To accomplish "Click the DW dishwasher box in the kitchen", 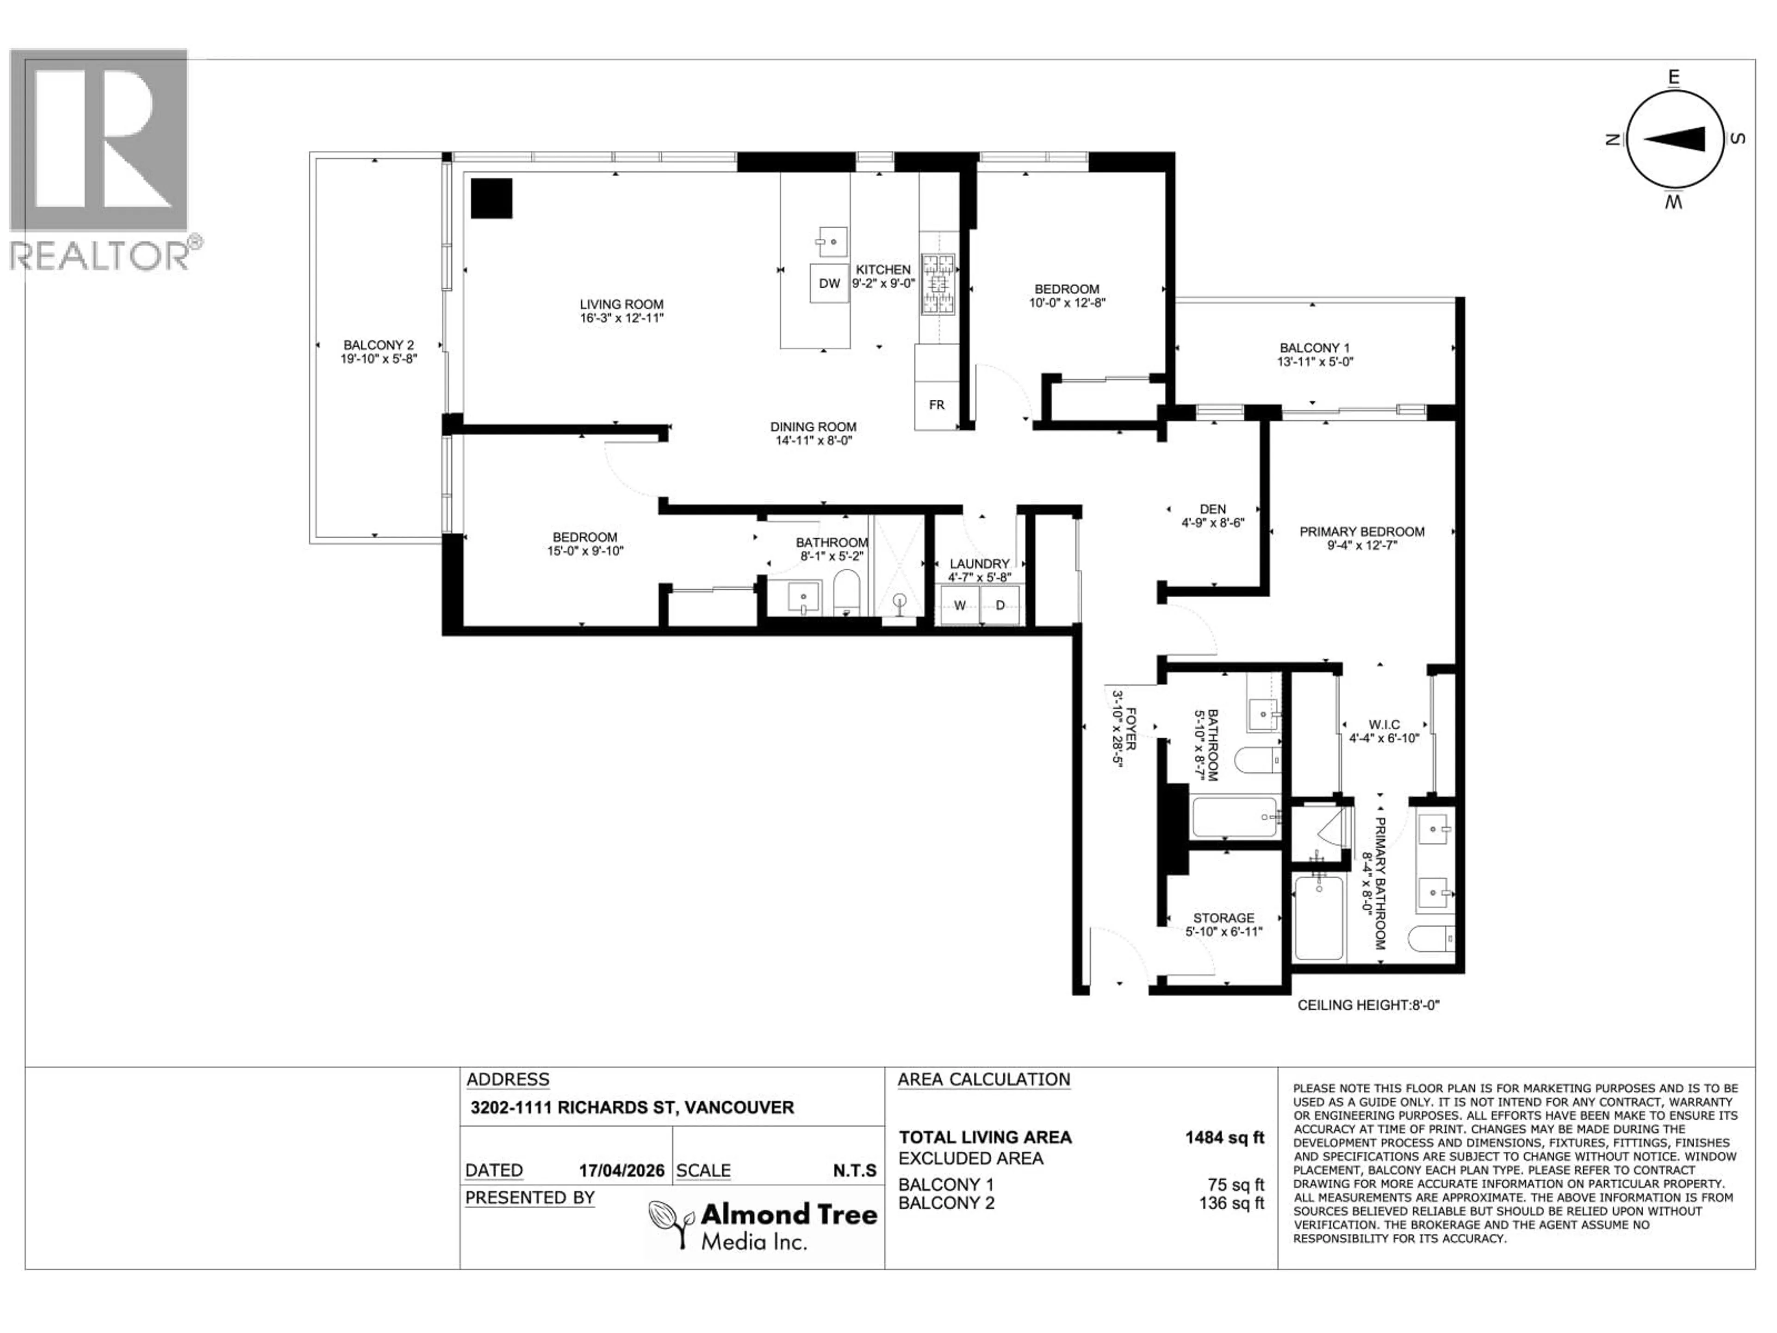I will (829, 283).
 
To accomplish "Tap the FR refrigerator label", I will (937, 405).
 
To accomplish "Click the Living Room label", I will (622, 305).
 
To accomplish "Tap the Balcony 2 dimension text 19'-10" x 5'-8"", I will (379, 359).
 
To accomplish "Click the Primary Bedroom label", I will (1361, 532).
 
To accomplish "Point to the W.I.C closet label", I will (1385, 725).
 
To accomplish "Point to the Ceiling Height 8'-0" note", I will (1368, 1005).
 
